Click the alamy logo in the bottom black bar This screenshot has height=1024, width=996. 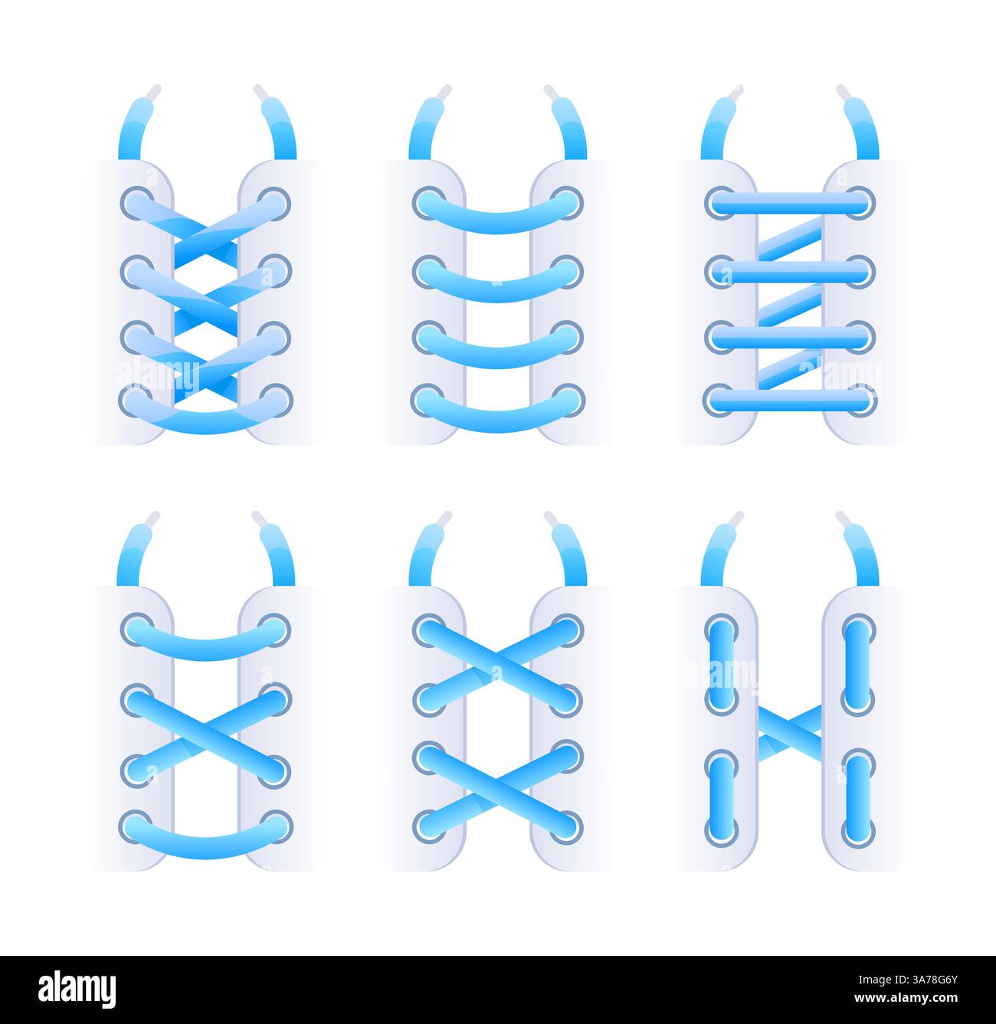(x=77, y=990)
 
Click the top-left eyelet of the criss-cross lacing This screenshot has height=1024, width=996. (x=136, y=203)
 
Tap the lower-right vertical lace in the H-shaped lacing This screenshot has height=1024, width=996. (x=858, y=797)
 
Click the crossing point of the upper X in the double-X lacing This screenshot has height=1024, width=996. (x=498, y=664)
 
